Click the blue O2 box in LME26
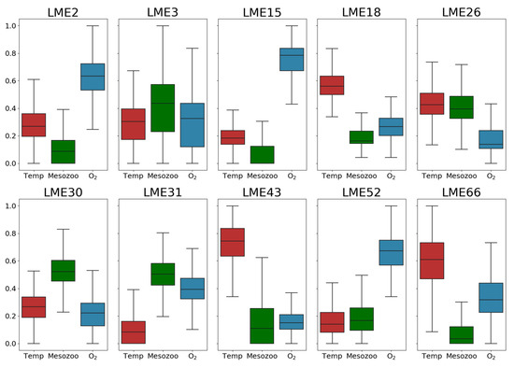click(490, 139)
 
